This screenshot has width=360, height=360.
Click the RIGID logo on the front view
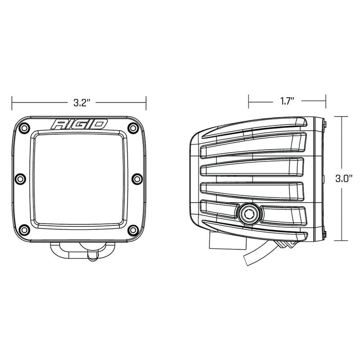[x=79, y=124]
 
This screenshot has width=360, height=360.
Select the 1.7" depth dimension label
[x=287, y=101]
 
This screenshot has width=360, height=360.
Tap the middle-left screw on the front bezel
[x=20, y=178]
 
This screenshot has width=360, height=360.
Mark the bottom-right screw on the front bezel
[x=133, y=229]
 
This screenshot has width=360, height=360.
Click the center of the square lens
[x=79, y=179]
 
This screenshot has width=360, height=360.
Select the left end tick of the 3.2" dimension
[x=12, y=102]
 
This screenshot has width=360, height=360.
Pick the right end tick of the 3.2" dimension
[x=147, y=102]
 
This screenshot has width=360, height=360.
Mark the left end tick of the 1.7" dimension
[x=248, y=101]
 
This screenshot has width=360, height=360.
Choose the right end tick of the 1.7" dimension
[x=325, y=101]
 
